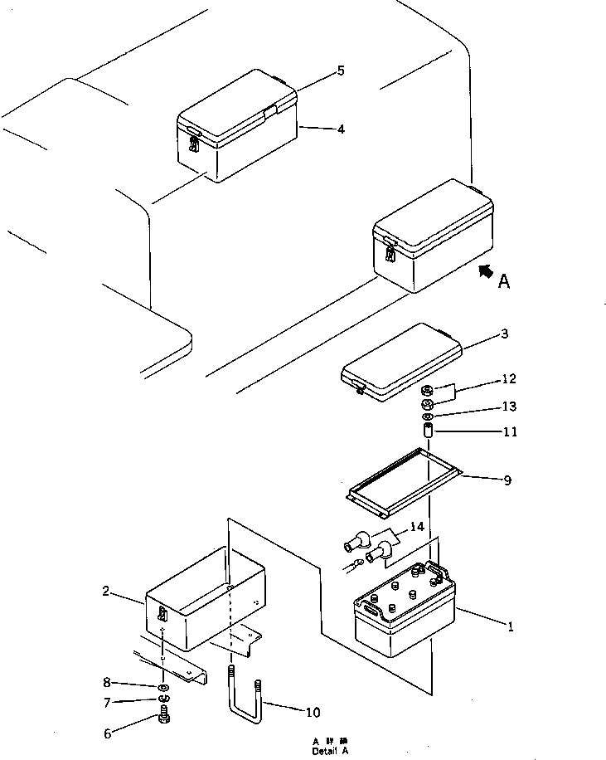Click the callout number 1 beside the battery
pos(511,627)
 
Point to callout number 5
pos(340,71)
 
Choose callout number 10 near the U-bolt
pos(313,712)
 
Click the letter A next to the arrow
pos(503,282)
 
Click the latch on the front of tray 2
pos(162,615)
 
